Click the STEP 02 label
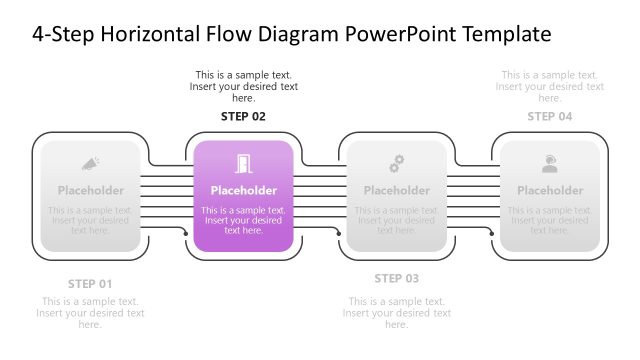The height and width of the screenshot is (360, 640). click(x=243, y=116)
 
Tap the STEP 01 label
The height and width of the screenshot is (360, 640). click(x=90, y=283)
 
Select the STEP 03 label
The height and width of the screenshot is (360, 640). click(x=396, y=278)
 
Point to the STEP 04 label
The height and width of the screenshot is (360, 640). click(x=549, y=116)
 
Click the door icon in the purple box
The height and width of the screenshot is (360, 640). click(x=243, y=163)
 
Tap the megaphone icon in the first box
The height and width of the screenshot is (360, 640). click(x=90, y=163)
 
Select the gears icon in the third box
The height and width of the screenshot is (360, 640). click(x=396, y=163)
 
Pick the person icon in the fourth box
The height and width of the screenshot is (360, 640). click(x=549, y=163)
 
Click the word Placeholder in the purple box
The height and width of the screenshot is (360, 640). click(x=243, y=190)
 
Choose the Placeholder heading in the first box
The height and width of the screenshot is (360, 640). click(x=90, y=190)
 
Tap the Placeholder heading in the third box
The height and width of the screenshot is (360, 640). click(x=396, y=190)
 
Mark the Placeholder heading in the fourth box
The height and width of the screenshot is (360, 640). click(x=549, y=190)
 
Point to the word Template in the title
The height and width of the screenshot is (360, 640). click(x=509, y=34)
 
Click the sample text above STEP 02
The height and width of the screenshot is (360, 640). click(x=243, y=86)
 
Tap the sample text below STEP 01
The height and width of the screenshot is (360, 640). click(x=90, y=313)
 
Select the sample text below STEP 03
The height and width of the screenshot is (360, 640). click(x=396, y=313)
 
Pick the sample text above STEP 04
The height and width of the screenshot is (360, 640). click(x=549, y=86)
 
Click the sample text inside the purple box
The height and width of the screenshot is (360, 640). click(x=243, y=220)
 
